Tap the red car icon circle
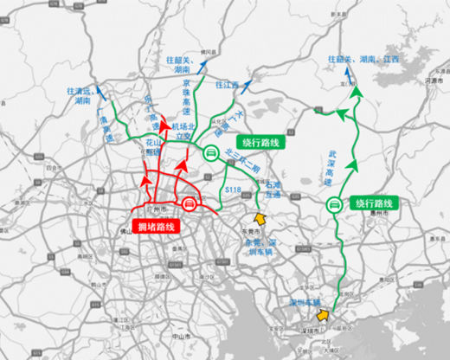[189, 204]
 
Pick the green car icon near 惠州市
[334, 205]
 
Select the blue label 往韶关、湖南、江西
[363, 60]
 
